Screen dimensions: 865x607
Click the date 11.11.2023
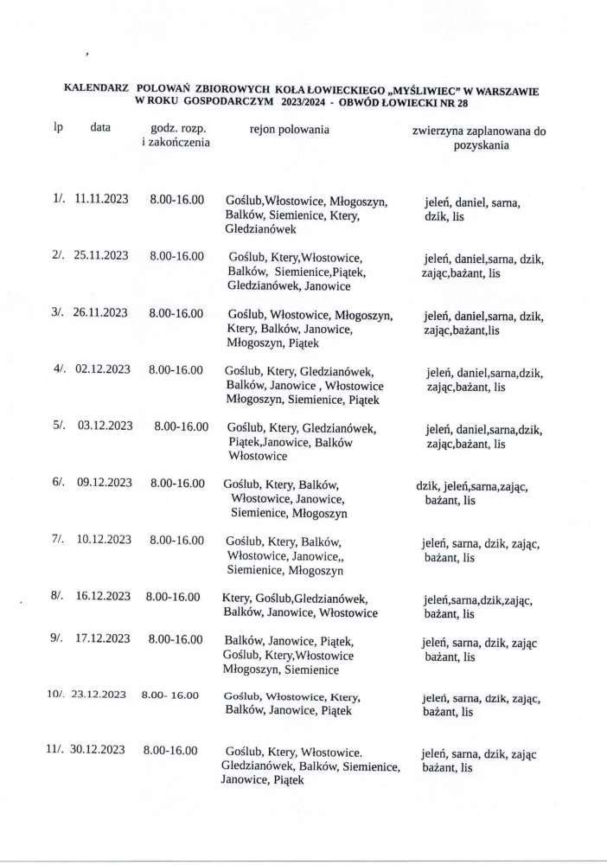102,198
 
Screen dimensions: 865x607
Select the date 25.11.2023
102,257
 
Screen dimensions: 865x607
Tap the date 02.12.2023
103,369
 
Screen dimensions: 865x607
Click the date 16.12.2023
102,597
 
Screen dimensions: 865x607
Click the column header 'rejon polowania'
289,130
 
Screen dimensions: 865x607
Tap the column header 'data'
99,128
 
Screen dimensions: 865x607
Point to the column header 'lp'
58,128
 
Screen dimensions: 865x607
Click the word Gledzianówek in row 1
261,229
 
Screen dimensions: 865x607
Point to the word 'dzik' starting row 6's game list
427,485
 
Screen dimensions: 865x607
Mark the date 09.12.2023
103,484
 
